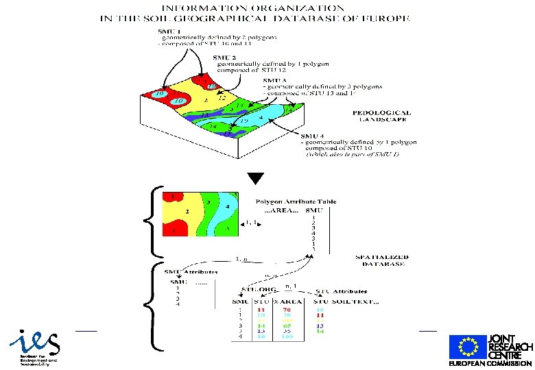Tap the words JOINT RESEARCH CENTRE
(x=510, y=347)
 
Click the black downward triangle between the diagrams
(x=255, y=179)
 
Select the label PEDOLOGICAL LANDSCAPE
(x=382, y=116)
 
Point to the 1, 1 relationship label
(x=250, y=223)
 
